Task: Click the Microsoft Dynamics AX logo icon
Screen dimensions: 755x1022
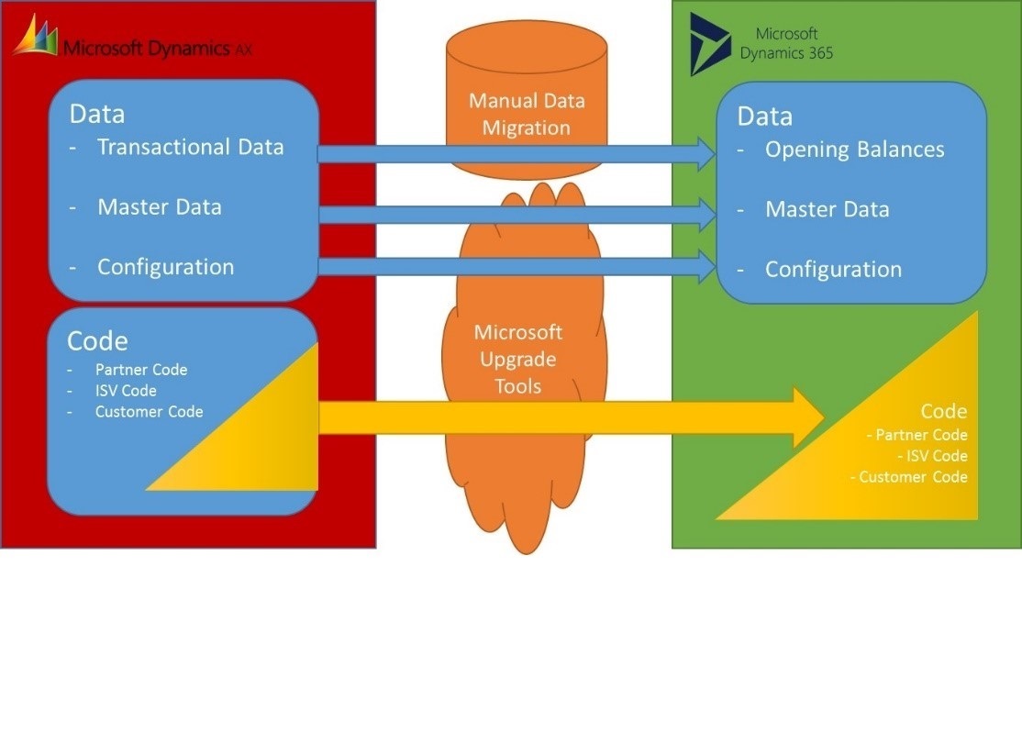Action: [x=35, y=37]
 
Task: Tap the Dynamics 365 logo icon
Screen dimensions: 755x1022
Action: [x=711, y=43]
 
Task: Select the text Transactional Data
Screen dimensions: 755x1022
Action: [x=190, y=147]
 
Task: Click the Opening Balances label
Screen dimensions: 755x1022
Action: [x=854, y=150]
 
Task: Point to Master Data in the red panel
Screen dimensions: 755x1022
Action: [x=159, y=207]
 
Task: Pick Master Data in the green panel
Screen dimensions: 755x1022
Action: [x=827, y=210]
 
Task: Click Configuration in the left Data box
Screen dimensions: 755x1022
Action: [x=165, y=267]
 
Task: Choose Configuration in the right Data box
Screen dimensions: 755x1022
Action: [x=833, y=270]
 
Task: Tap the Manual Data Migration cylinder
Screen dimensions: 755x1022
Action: [x=527, y=101]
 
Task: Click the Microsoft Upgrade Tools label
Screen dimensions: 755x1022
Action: [x=518, y=359]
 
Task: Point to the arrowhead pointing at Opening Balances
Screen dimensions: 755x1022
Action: [x=706, y=153]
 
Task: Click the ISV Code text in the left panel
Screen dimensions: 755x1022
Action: [x=126, y=391]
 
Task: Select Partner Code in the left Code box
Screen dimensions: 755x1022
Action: [x=140, y=370]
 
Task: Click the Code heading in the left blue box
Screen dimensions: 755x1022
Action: [x=97, y=341]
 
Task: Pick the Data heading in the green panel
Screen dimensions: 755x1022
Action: [x=765, y=117]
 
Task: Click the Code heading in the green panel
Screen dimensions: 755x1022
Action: [x=943, y=411]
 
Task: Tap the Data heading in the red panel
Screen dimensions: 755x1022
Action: [x=97, y=114]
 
